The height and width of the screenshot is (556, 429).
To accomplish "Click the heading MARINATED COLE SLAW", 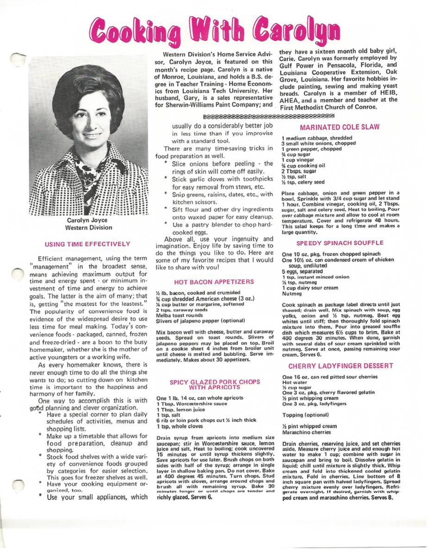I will [339, 127].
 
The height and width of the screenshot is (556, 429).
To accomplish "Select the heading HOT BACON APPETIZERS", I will [214, 282].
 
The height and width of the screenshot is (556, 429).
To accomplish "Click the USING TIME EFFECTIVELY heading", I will [87, 244].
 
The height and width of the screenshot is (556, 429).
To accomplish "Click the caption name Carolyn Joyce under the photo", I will [87, 221].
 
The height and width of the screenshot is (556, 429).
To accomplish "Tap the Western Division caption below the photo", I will [88, 227].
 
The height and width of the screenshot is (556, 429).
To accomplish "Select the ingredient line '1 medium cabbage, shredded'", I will [317, 138].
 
